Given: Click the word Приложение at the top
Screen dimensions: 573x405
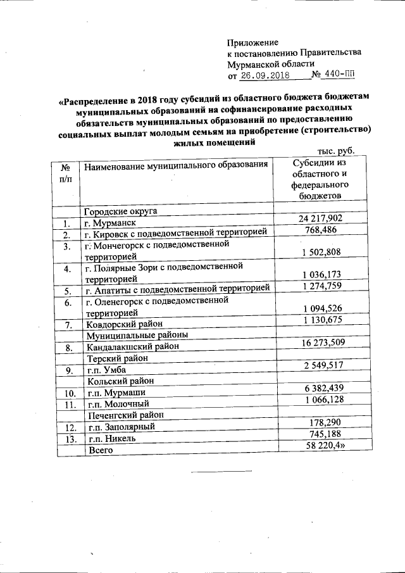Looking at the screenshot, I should click(x=252, y=42).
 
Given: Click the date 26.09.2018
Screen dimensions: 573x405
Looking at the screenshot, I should click(x=265, y=75).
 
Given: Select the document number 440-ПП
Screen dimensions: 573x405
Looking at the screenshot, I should click(x=333, y=75).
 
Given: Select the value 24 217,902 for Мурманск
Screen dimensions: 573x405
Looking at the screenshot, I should click(x=320, y=218).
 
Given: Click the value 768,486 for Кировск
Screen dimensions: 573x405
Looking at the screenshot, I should click(x=320, y=230).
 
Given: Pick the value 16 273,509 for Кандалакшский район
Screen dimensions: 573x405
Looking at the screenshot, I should click(x=320, y=343).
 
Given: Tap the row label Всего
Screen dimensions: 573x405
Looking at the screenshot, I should click(x=99, y=450).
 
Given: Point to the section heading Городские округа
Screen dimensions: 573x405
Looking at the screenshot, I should click(x=121, y=211).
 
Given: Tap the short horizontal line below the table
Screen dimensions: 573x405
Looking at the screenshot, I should click(x=216, y=472).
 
